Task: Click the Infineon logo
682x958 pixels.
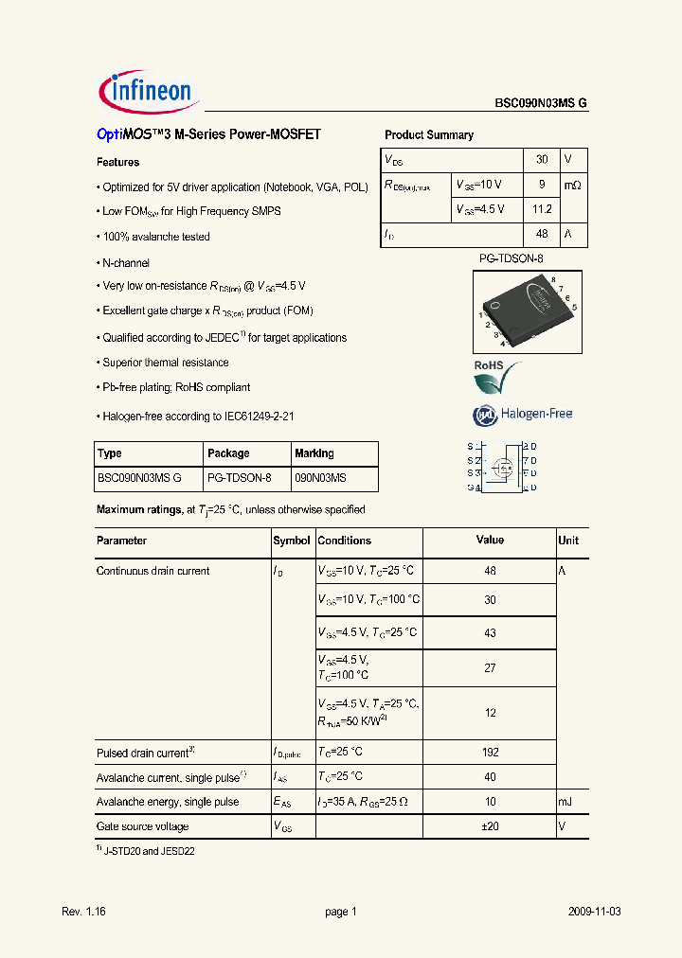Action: click(x=146, y=91)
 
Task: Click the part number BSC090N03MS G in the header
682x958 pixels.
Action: click(x=540, y=105)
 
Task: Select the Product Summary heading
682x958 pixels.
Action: click(x=429, y=135)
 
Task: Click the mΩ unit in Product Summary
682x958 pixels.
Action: click(x=572, y=186)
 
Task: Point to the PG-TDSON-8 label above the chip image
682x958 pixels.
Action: click(x=511, y=257)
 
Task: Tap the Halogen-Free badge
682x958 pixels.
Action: click(x=523, y=414)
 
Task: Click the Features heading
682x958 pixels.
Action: click(x=118, y=163)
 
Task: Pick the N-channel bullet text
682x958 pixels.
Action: click(x=126, y=262)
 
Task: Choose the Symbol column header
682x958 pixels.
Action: click(x=292, y=541)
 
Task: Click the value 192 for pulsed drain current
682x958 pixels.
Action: click(x=490, y=753)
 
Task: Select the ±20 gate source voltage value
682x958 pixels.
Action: click(x=490, y=825)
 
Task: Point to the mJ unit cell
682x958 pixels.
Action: click(x=565, y=802)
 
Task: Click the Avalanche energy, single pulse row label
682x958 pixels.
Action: click(x=168, y=802)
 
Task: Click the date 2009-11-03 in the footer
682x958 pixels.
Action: click(x=595, y=912)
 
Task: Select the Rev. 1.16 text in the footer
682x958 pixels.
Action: click(x=83, y=912)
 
